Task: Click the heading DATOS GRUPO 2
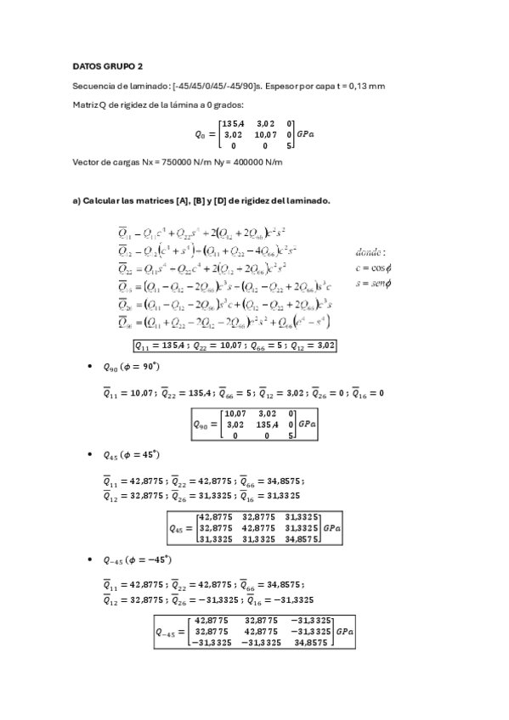[108, 65]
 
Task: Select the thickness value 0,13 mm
[367, 86]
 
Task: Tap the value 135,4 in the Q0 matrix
[234, 124]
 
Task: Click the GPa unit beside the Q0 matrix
[306, 134]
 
